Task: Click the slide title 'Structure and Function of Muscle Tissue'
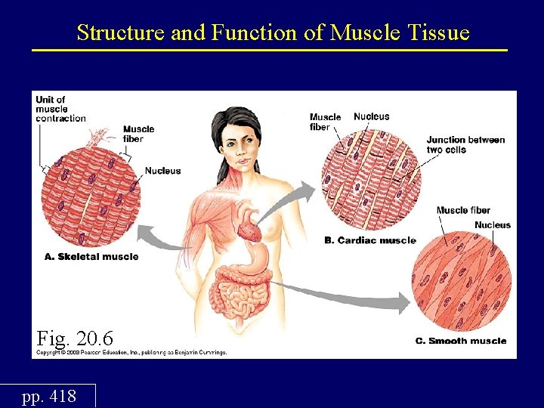tap(273, 32)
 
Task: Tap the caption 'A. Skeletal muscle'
tap(91, 257)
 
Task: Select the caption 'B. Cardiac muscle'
tap(369, 241)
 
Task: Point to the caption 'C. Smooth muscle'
tap(460, 341)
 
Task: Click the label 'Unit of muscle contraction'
tap(60, 109)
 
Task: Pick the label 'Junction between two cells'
tap(465, 144)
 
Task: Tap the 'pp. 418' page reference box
tap(49, 395)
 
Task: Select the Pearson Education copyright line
tap(132, 352)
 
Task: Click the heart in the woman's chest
tap(249, 224)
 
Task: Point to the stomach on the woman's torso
tap(258, 261)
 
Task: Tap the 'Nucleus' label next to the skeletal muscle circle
tap(162, 171)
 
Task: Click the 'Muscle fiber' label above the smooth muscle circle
tap(463, 210)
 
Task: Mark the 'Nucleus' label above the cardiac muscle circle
tap(372, 116)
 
